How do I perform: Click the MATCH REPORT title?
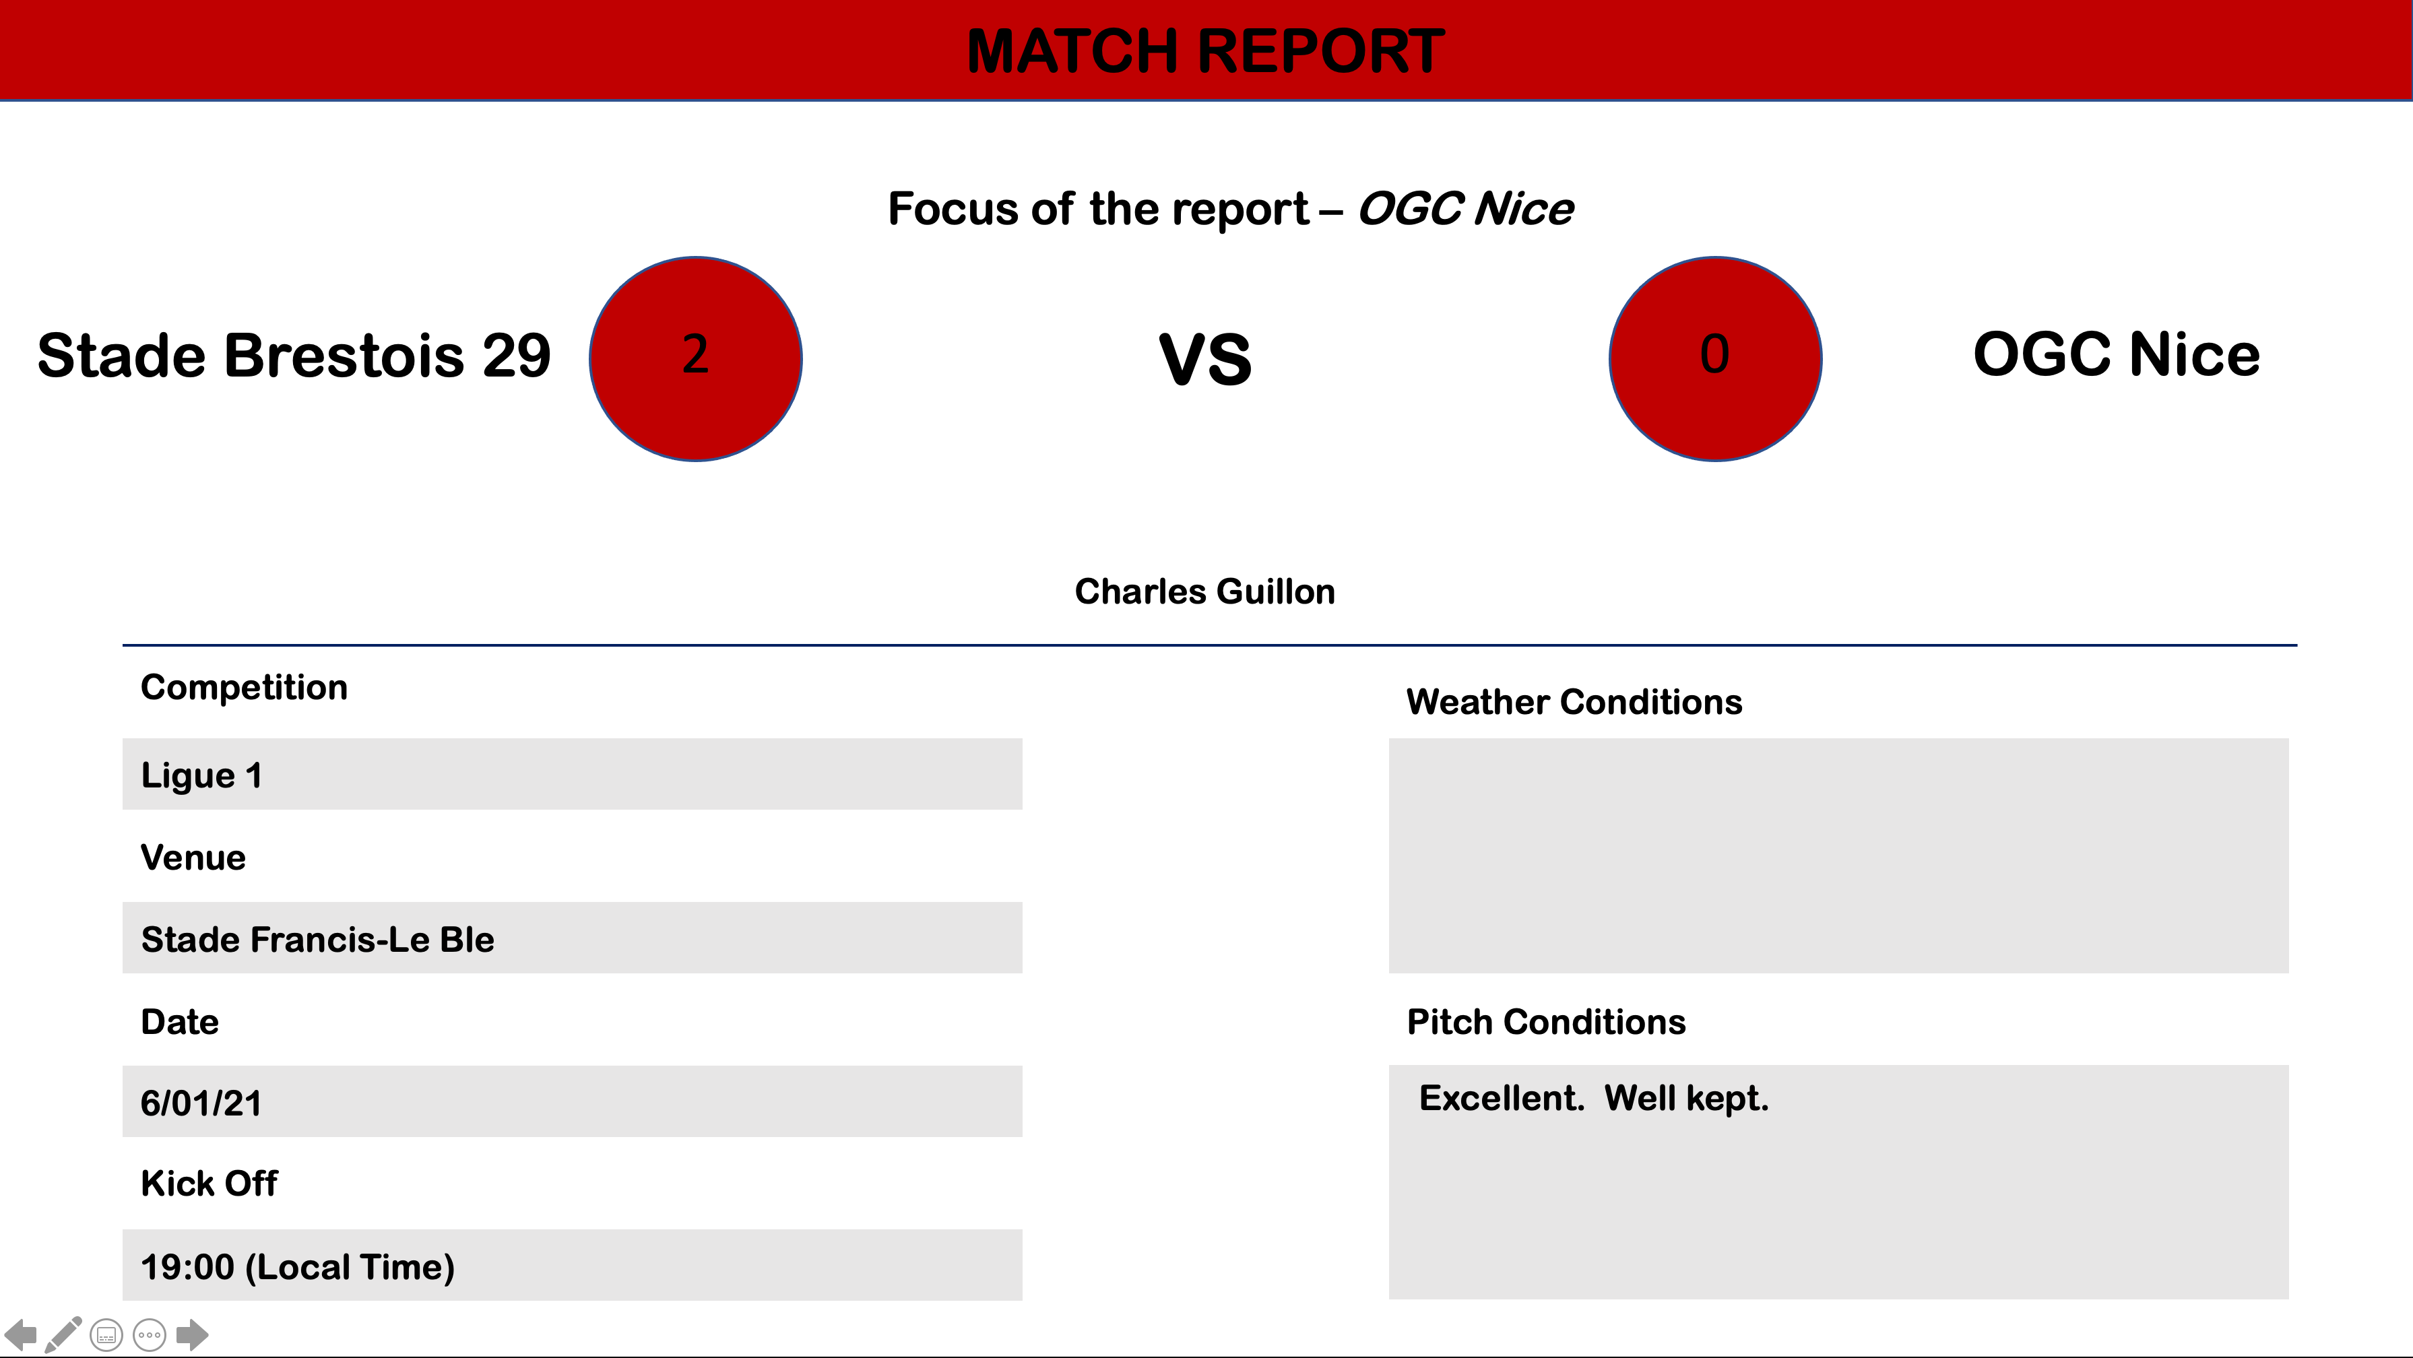[x=1206, y=51]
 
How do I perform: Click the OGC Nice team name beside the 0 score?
[x=2116, y=354]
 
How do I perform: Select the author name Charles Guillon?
[x=1204, y=592]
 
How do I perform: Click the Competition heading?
[x=244, y=688]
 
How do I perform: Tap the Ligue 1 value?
[x=201, y=775]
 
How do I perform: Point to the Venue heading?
[x=193, y=858]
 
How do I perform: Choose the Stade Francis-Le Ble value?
[x=317, y=940]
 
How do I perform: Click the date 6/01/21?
[x=201, y=1103]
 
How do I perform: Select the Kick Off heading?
[x=209, y=1184]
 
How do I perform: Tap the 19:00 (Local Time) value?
[x=297, y=1267]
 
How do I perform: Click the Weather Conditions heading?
[x=1574, y=703]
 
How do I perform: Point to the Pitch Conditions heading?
[x=1545, y=1022]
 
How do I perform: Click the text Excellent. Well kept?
[x=1593, y=1097]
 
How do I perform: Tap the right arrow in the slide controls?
[x=192, y=1334]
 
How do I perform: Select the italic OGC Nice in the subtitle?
[x=1465, y=208]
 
